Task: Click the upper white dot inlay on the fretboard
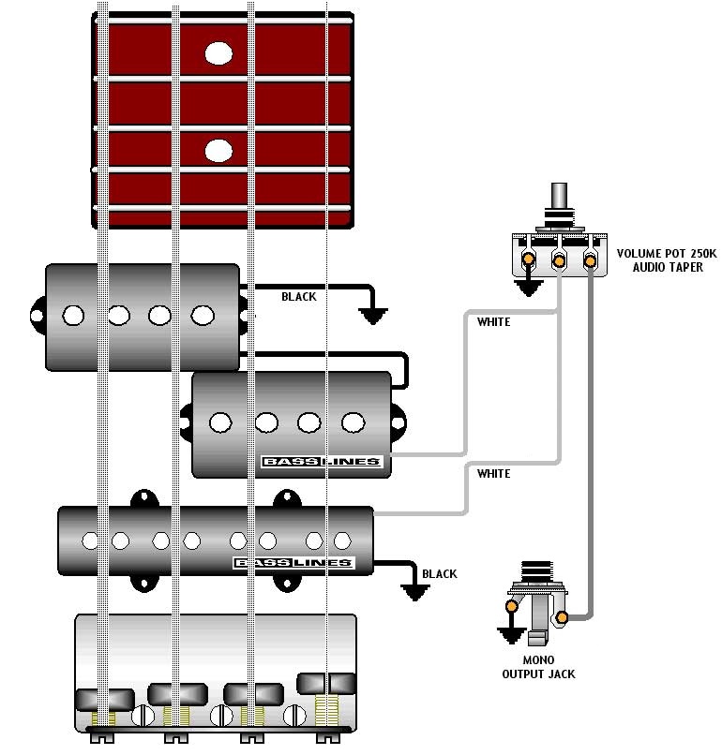point(218,53)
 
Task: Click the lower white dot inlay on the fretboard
point(218,151)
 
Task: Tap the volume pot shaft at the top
point(559,195)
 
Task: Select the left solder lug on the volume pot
point(528,259)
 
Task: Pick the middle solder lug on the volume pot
point(559,261)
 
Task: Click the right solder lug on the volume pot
point(590,261)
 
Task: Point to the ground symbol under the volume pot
point(529,288)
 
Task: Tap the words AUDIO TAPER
point(668,267)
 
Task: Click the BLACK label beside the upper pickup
point(299,297)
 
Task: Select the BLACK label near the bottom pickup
point(440,574)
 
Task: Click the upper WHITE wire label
point(493,322)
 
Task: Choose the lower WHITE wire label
point(493,474)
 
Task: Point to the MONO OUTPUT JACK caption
point(538,667)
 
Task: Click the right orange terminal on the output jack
point(562,617)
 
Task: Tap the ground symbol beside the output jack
point(511,635)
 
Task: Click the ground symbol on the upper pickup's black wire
point(373,317)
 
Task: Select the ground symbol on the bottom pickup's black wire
point(415,593)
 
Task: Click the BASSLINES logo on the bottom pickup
point(294,563)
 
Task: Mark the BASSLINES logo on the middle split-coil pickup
point(322,462)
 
